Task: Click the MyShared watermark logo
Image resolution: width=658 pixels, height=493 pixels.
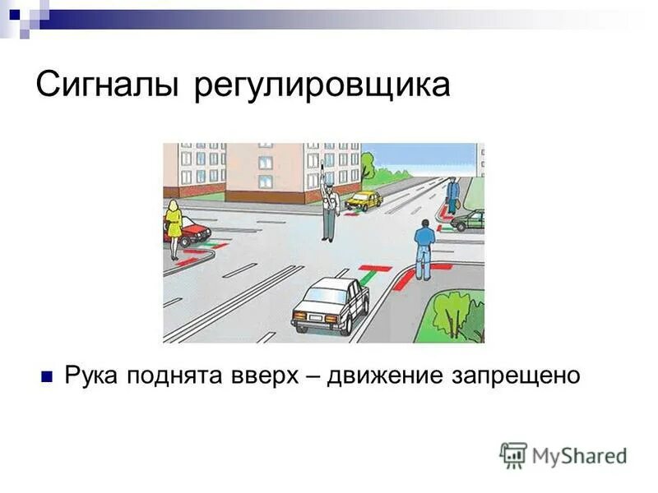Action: point(563,454)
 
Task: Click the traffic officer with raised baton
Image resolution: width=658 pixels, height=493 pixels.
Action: point(329,210)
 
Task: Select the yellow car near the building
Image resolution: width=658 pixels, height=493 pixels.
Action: point(364,200)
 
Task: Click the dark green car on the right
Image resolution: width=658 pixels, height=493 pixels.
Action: point(470,220)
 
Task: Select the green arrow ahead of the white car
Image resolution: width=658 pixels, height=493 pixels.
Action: point(364,279)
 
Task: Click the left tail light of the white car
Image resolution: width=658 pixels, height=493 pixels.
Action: point(299,316)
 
